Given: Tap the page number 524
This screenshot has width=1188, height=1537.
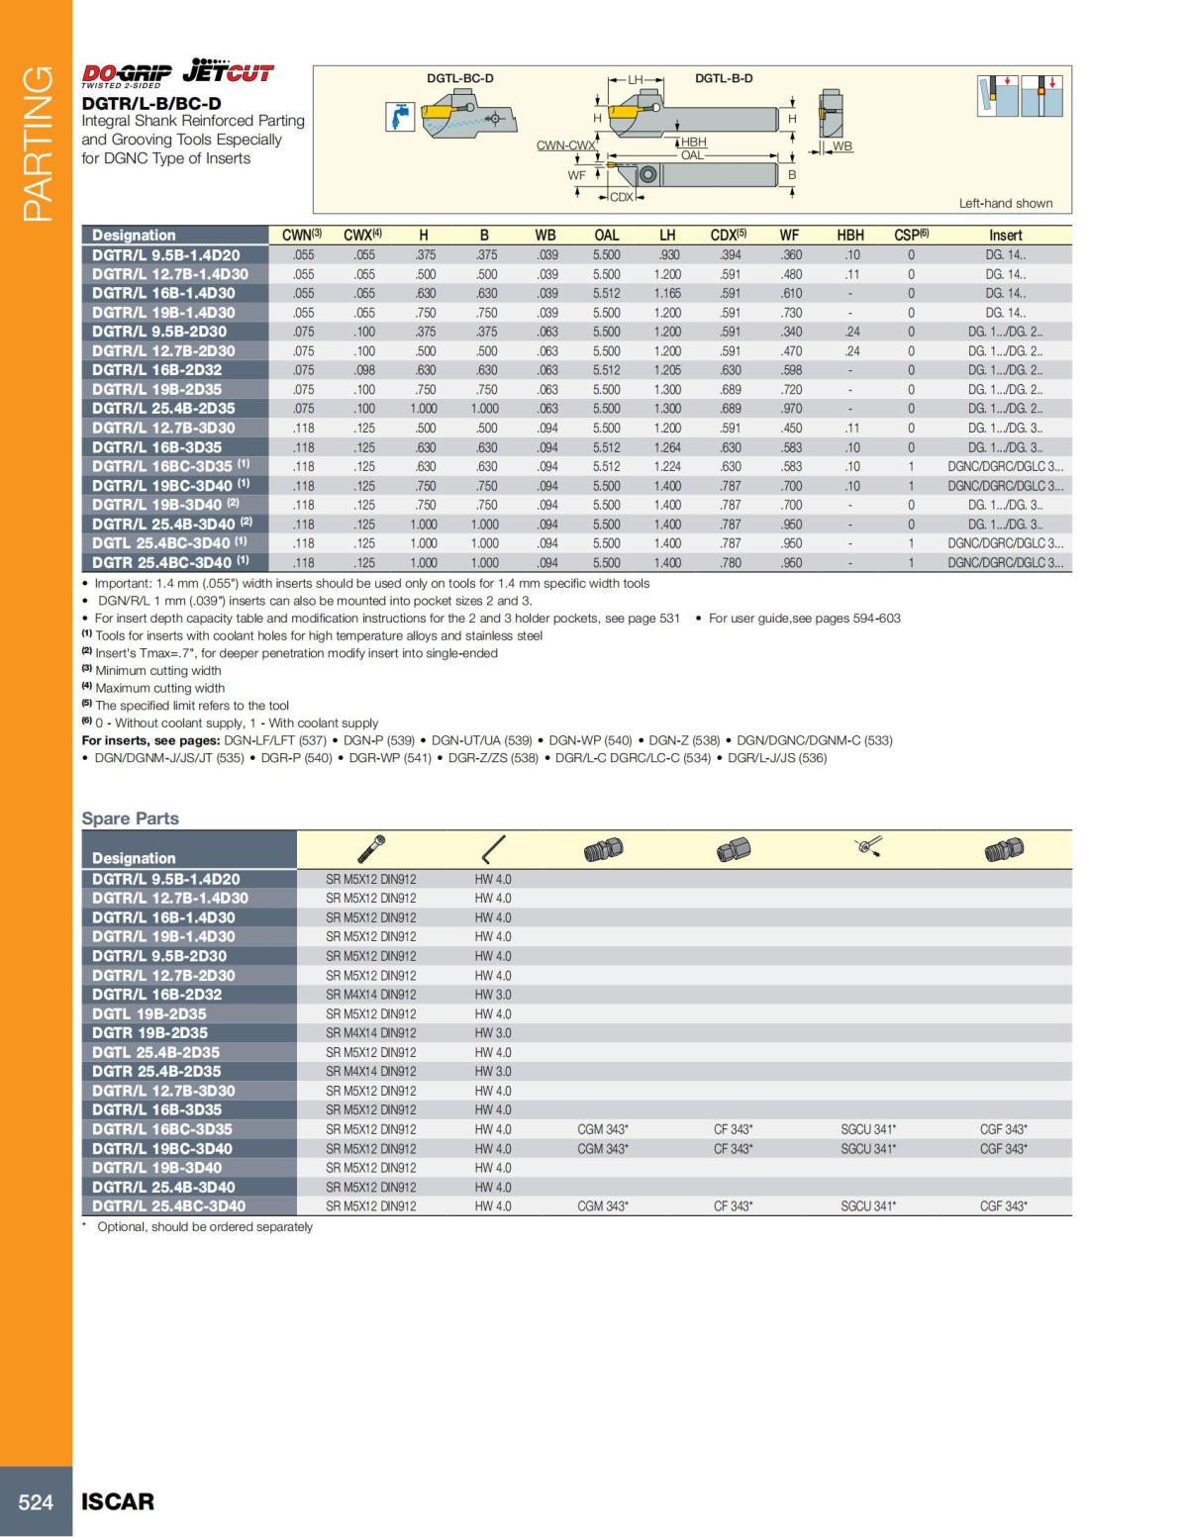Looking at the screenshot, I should (36, 1501).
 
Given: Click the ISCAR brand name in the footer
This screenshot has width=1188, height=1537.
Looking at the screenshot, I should (118, 1501).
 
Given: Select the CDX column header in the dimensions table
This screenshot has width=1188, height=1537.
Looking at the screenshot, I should (728, 236).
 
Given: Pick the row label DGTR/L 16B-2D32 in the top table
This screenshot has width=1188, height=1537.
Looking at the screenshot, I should (157, 370).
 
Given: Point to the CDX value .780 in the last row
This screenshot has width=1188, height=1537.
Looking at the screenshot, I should (730, 563).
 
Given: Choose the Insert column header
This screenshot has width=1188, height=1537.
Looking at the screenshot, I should (1005, 236).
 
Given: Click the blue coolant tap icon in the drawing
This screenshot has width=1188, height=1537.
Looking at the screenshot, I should (400, 118).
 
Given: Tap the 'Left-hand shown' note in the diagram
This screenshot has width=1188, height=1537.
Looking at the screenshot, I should (1005, 204).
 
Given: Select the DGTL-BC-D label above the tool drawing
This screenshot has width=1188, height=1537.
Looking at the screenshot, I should (459, 78).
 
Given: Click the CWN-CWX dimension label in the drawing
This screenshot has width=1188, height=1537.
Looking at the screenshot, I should (566, 145).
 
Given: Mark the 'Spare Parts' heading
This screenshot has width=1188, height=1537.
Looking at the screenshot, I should (130, 818).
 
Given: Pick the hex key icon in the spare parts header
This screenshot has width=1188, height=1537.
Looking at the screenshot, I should (493, 849).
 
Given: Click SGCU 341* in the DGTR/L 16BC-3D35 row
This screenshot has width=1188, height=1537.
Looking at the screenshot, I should (868, 1129).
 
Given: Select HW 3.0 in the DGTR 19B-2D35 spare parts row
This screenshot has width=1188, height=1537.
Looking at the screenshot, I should (493, 1033).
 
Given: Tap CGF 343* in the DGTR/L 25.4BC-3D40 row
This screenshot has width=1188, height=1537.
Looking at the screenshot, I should (1003, 1206).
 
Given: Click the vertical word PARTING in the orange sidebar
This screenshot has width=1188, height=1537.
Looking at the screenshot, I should (37, 144).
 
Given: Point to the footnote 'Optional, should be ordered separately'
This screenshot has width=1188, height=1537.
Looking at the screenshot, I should (204, 1227).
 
